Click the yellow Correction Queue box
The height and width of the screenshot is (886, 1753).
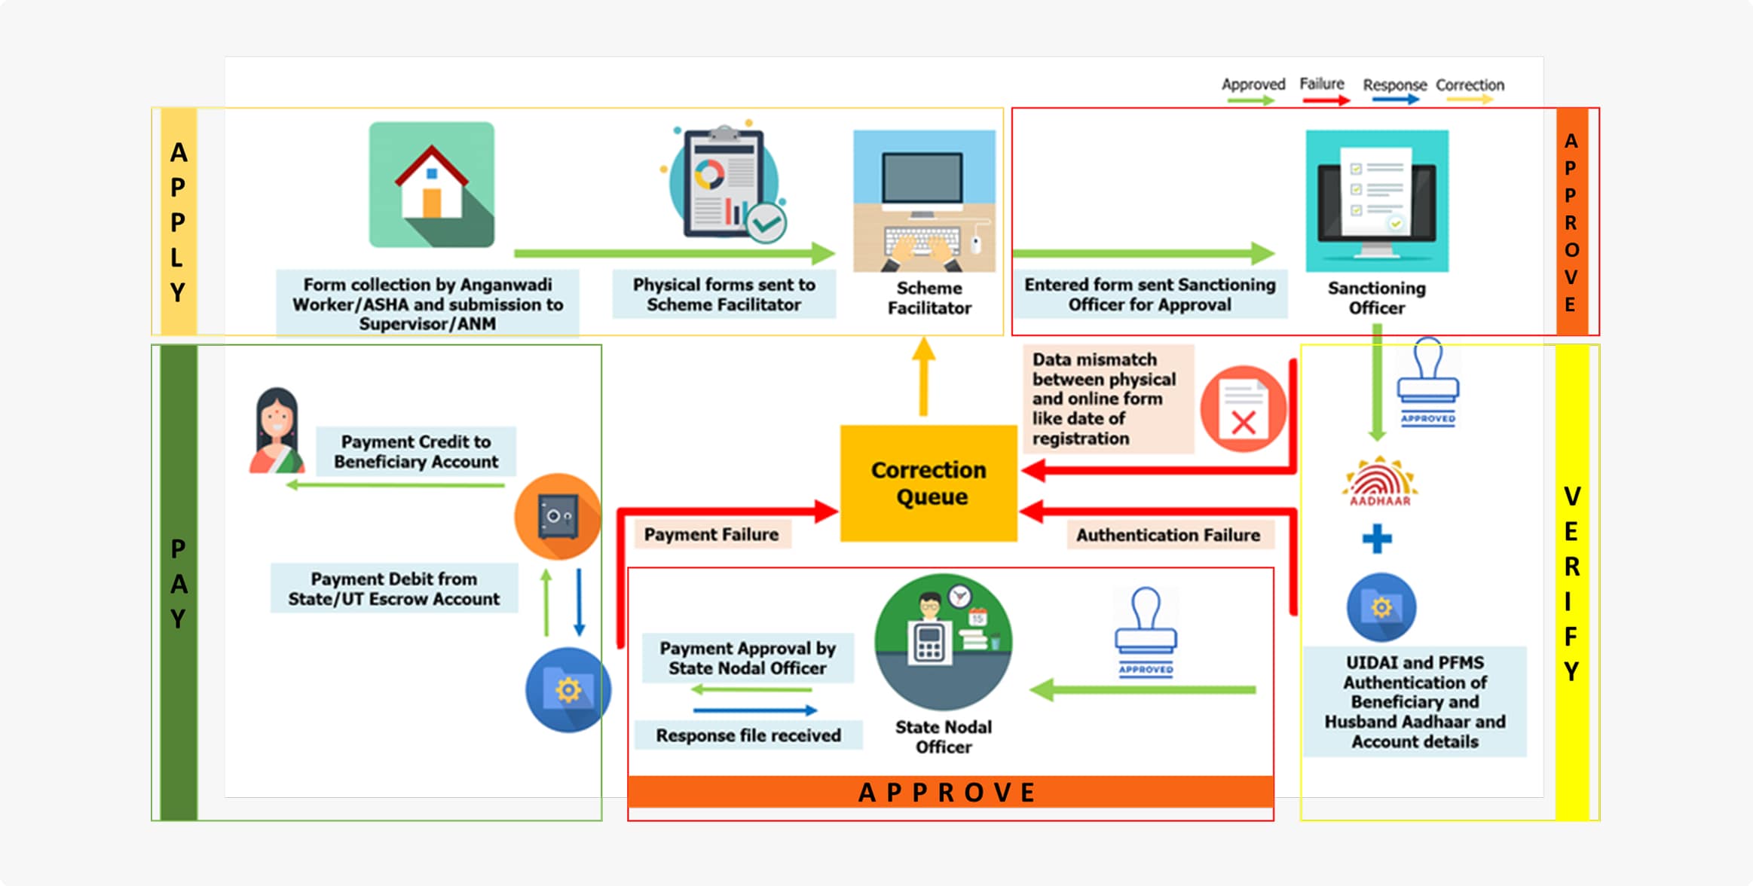929,483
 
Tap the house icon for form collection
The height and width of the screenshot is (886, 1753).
431,185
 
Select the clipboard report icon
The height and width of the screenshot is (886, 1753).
724,183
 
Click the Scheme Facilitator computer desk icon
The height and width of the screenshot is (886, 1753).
924,201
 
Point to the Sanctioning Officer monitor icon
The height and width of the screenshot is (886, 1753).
1376,200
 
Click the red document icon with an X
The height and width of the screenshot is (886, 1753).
1243,409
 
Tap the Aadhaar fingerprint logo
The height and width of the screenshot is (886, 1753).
1379,482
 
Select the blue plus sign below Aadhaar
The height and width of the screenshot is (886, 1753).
1377,539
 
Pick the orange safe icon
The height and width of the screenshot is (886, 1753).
558,517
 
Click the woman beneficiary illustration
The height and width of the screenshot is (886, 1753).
276,431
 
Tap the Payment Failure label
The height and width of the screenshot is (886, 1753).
711,534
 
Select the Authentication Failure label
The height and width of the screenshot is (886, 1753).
1167,535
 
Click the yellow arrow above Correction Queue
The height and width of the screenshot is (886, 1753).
923,377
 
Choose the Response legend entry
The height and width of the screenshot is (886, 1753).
1394,90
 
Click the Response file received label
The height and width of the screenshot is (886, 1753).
748,735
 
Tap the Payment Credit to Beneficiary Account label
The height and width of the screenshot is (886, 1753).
416,451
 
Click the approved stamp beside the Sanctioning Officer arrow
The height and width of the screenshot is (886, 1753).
1427,383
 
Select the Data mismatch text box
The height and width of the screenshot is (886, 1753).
1106,399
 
